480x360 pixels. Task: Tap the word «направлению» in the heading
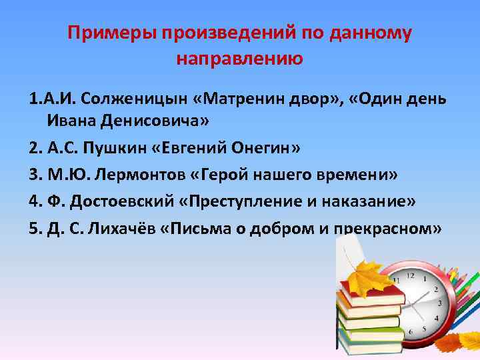point(240,59)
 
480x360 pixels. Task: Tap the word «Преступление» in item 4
point(238,202)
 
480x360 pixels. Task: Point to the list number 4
point(35,202)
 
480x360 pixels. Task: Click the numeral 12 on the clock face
point(411,275)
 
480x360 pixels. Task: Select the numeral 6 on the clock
point(412,331)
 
